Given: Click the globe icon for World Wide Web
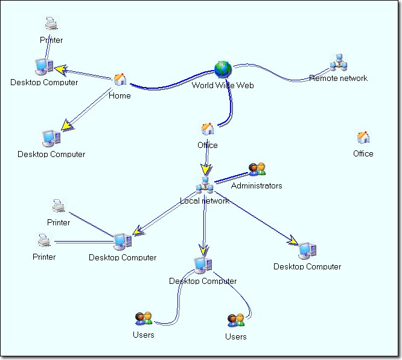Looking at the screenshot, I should [223, 69].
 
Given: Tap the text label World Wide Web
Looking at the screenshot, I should [223, 85].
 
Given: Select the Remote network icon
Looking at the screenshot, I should [337, 63].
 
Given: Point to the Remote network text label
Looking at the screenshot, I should [338, 78].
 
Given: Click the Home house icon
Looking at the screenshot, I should [120, 80].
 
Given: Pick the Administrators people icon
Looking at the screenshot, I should [257, 170].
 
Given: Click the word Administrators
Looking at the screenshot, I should [257, 185].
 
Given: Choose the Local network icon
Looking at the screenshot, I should [205, 185].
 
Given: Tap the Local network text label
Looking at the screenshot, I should [205, 201].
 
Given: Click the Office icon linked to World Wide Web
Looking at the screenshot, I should [208, 129].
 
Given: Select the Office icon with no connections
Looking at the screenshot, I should [363, 138].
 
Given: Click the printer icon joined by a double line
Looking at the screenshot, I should [44, 242].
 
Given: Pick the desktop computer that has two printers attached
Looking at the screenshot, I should [123, 242].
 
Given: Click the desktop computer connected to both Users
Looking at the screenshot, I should [203, 265].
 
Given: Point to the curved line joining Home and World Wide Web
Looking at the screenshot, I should [169, 84].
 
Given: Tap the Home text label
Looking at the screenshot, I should [120, 95].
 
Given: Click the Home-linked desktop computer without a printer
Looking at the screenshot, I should [51, 138].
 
